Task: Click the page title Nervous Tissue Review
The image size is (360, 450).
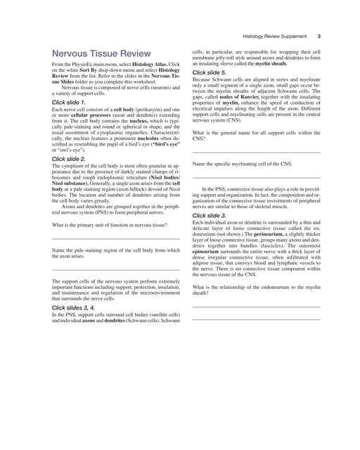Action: (111, 53)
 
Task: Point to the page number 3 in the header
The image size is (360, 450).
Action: (319, 36)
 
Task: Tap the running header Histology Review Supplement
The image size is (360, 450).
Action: (274, 36)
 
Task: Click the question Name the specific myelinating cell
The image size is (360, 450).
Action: (242, 165)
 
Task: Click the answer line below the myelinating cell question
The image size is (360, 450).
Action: (256, 177)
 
